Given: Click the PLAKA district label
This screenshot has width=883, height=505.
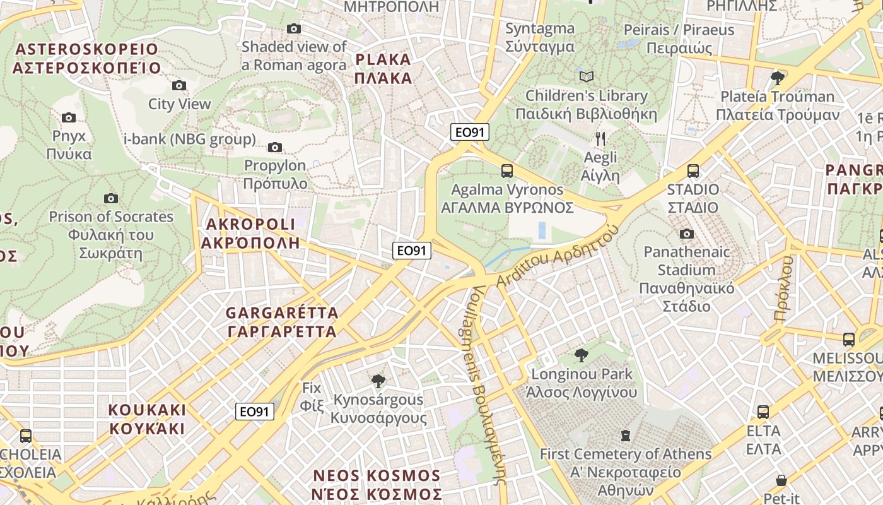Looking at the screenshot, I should pyautogui.click(x=383, y=69).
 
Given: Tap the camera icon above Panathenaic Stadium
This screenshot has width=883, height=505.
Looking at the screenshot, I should pyautogui.click(x=686, y=234).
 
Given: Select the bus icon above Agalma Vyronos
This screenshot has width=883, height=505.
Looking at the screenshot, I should pyautogui.click(x=506, y=171).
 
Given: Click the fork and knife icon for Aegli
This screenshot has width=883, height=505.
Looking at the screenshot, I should pyautogui.click(x=600, y=139).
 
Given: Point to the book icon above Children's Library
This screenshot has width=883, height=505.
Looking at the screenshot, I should pyautogui.click(x=587, y=77).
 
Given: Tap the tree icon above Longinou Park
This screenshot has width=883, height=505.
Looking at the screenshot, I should pyautogui.click(x=582, y=355).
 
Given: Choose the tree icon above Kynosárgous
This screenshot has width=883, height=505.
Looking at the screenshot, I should pyautogui.click(x=378, y=381).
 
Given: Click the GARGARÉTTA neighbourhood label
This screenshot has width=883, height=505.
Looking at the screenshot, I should pyautogui.click(x=282, y=322).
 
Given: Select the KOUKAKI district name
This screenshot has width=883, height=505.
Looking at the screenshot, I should pyautogui.click(x=148, y=419).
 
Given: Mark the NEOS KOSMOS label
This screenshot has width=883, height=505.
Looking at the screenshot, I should pyautogui.click(x=377, y=484).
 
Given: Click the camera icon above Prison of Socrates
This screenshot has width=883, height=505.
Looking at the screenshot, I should pyautogui.click(x=111, y=199).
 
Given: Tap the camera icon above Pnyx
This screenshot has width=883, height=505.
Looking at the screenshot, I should pyautogui.click(x=69, y=117).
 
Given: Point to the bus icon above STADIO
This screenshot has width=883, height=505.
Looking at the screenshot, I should pyautogui.click(x=693, y=171).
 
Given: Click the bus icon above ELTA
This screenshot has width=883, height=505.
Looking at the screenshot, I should pyautogui.click(x=763, y=413).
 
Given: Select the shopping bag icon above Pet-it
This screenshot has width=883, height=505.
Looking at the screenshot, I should pyautogui.click(x=781, y=480).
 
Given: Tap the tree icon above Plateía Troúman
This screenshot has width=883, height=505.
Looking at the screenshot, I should pyautogui.click(x=778, y=78).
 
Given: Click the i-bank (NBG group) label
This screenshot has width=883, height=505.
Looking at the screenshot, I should pyautogui.click(x=190, y=139).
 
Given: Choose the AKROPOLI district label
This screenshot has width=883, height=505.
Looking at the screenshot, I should pyautogui.click(x=250, y=233).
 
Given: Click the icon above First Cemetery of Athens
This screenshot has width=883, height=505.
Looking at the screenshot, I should pyautogui.click(x=625, y=436).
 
